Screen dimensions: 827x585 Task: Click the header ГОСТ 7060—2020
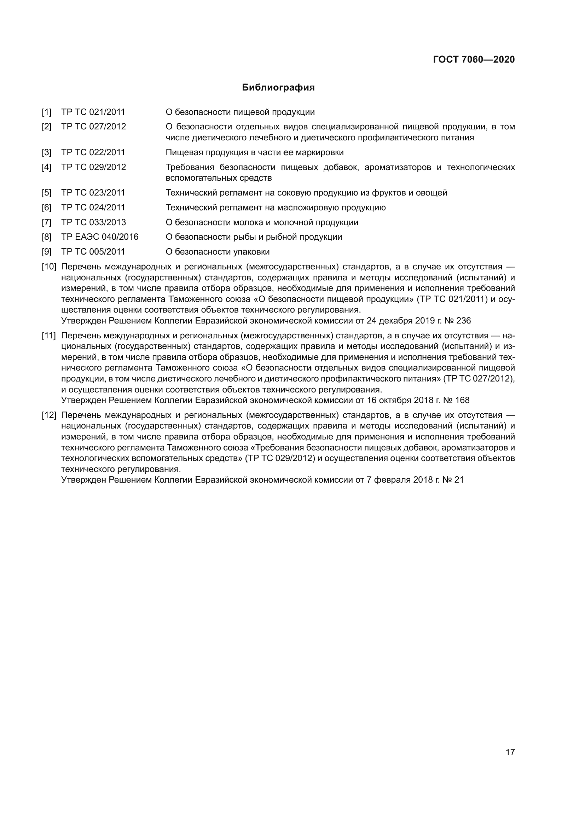click(x=474, y=59)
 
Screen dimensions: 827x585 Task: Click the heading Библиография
click(x=278, y=88)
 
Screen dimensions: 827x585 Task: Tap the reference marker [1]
click(x=46, y=112)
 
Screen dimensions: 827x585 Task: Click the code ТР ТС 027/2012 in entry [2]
click(x=93, y=127)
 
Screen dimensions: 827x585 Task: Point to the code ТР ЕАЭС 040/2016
click(x=99, y=237)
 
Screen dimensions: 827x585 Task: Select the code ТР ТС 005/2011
click(x=93, y=252)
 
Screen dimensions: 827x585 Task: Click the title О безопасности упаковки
click(x=217, y=252)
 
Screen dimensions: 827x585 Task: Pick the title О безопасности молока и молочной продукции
click(x=261, y=222)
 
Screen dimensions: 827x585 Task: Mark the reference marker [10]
click(x=49, y=267)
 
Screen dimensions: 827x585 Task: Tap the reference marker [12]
click(x=49, y=415)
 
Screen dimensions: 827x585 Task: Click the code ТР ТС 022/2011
click(x=93, y=152)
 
